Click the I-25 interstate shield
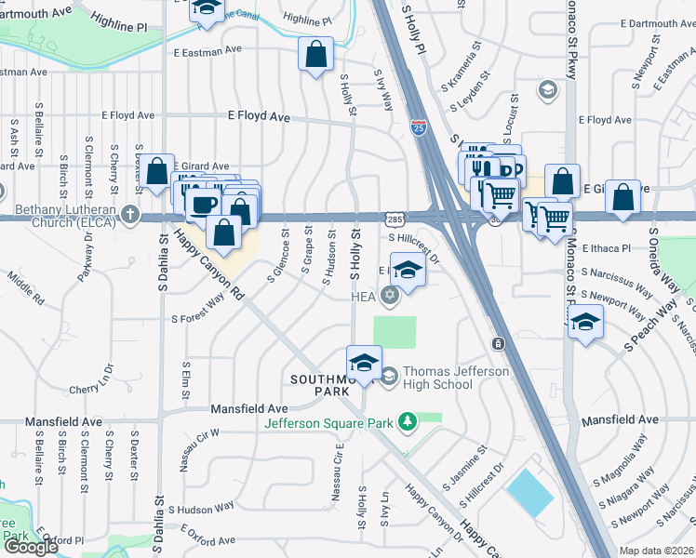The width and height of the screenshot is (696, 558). (x=419, y=127)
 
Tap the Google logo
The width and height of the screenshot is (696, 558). (x=30, y=546)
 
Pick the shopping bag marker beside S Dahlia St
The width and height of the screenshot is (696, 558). (x=157, y=171)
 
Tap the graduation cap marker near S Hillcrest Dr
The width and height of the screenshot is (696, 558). (x=407, y=271)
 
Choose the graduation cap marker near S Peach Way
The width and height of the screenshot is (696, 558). (x=584, y=322)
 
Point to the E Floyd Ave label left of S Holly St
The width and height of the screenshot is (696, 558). (x=259, y=118)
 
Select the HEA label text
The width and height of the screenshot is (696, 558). (x=362, y=298)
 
